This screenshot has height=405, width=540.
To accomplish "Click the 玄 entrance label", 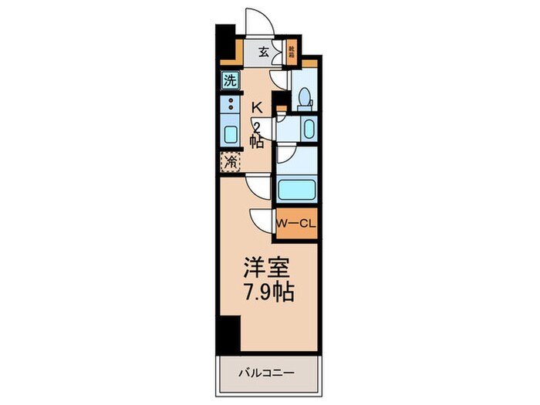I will click(264, 52).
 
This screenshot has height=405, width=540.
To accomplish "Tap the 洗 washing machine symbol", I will click(230, 79).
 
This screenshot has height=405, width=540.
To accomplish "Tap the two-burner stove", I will click(230, 105).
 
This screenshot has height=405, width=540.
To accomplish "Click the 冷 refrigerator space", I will click(230, 162).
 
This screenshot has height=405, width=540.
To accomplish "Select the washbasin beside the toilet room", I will click(308, 128).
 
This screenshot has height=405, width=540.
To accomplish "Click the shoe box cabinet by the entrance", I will click(292, 52).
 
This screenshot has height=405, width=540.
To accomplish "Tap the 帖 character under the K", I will click(258, 142).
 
